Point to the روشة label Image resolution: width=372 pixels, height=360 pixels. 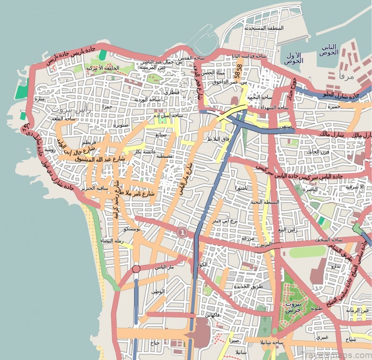[50, 149]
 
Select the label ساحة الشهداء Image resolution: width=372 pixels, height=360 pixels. [274, 108]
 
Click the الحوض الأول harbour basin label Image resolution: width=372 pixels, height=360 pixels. [294, 58]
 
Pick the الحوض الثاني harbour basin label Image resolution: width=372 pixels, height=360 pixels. [329, 50]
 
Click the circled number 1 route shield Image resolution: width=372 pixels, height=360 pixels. [182, 232]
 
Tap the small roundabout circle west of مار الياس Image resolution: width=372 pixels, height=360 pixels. [136, 269]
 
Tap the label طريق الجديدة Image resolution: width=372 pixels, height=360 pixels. [245, 286]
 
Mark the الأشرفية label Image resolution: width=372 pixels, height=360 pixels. [355, 187]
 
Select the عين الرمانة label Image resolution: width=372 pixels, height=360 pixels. [357, 310]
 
